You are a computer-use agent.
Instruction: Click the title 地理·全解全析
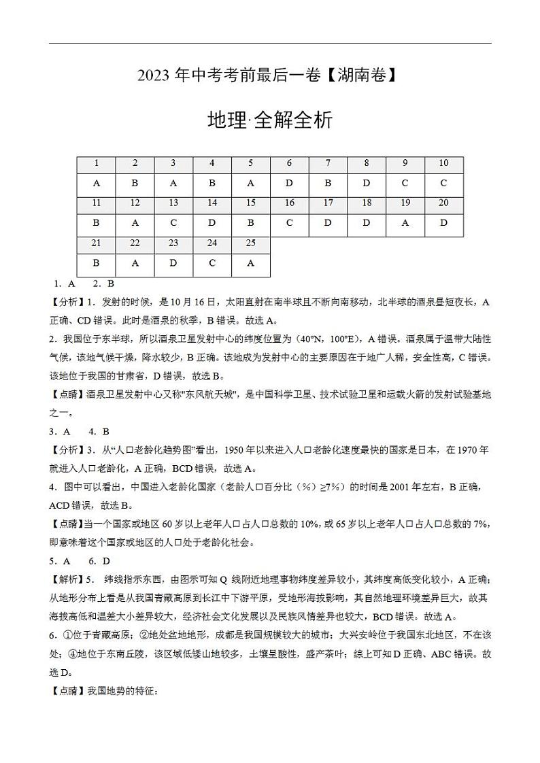click(270, 120)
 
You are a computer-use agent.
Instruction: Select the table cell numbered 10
click(443, 163)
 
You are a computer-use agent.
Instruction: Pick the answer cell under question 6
click(289, 183)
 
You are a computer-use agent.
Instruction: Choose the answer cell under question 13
click(173, 223)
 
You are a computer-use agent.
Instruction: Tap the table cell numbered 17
click(328, 203)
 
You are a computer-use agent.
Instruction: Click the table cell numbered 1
click(97, 163)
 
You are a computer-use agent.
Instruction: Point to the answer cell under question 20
click(443, 223)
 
